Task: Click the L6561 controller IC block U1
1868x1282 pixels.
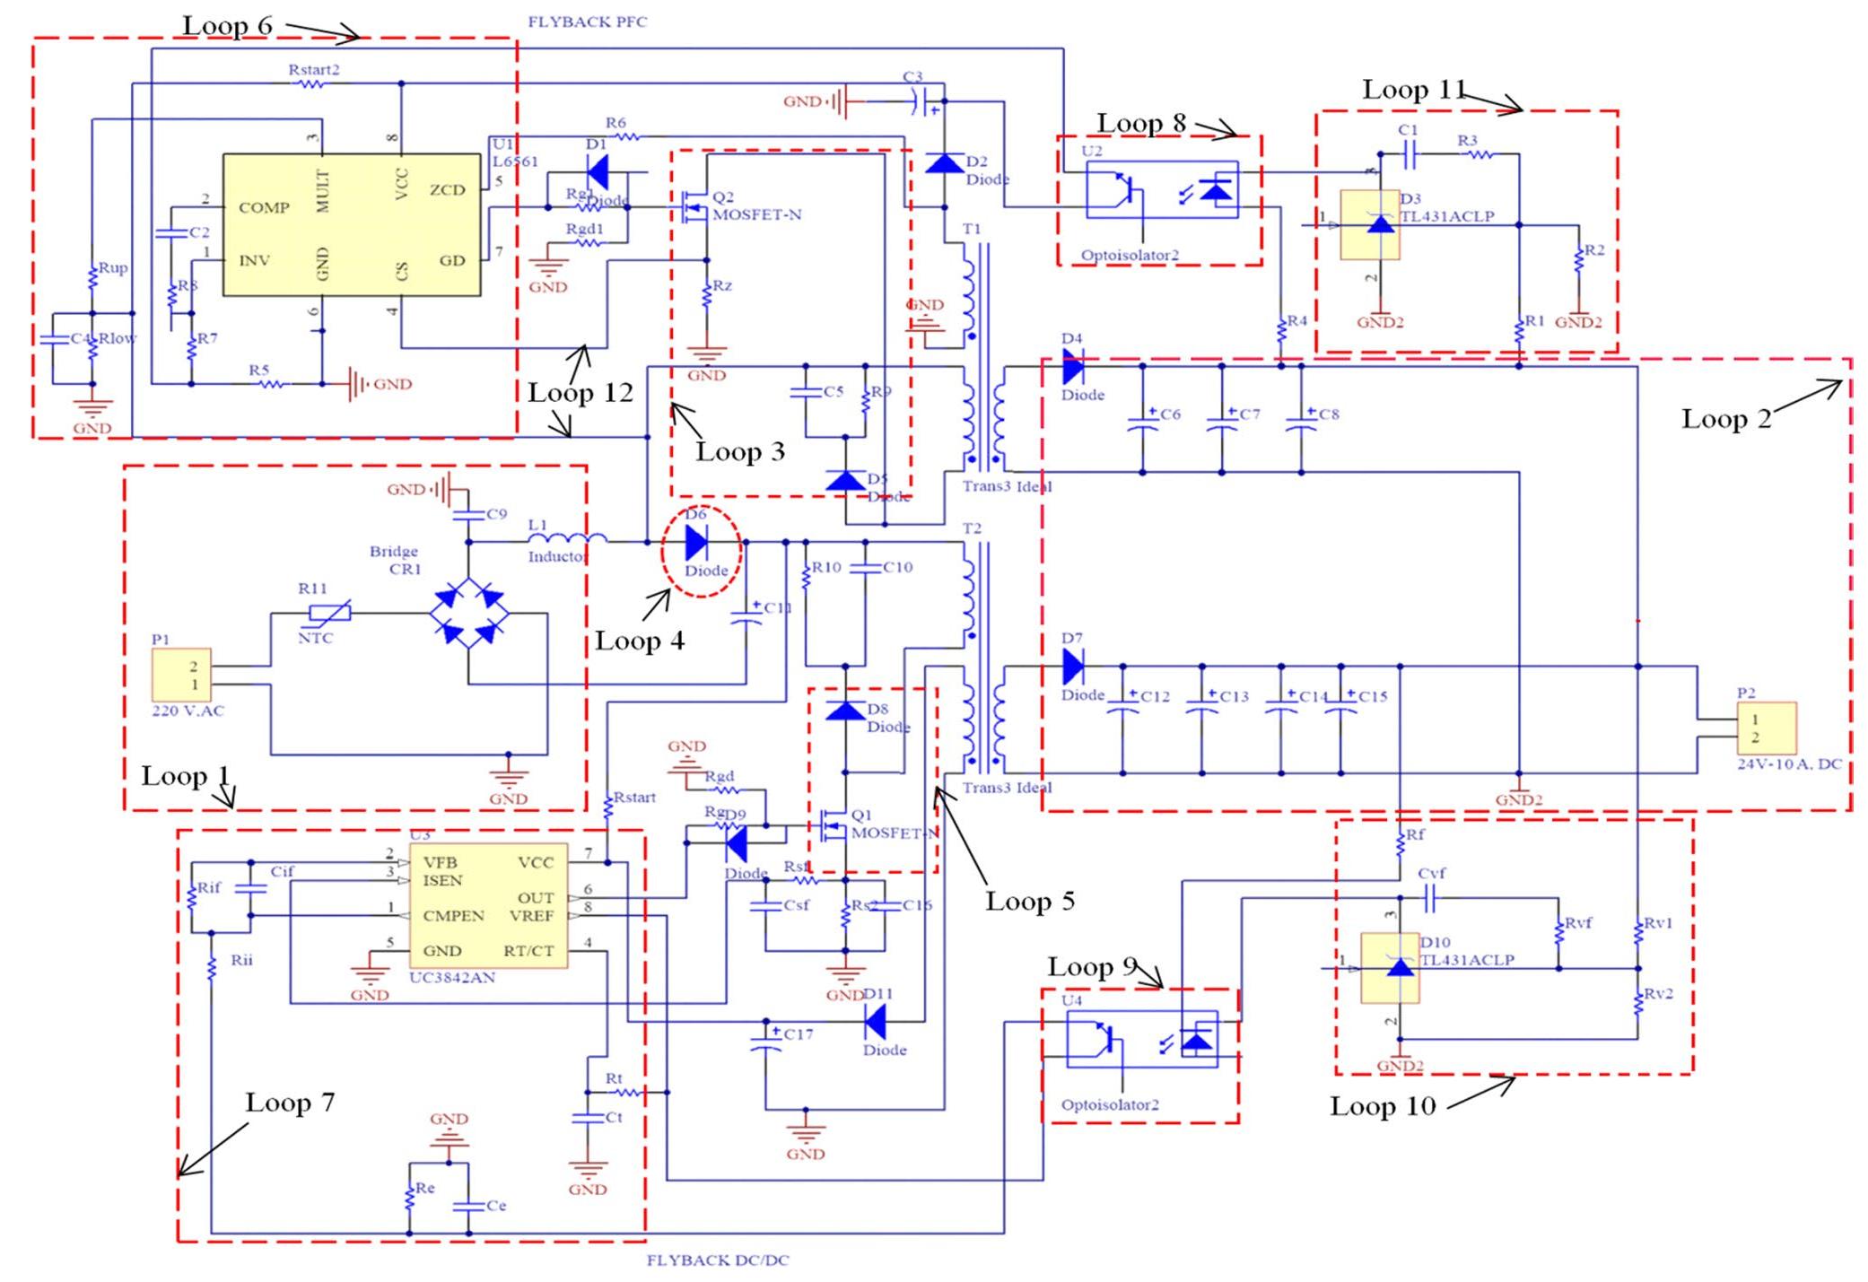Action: pos(351,224)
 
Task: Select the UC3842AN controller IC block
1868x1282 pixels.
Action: pos(488,905)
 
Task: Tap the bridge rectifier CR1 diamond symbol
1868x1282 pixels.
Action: pos(468,615)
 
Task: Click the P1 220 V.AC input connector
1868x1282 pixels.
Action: pos(181,675)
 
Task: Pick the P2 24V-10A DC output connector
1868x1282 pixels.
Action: pos(1767,728)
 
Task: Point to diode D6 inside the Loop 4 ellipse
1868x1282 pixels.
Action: pos(696,543)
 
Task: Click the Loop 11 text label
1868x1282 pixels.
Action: pos(1413,90)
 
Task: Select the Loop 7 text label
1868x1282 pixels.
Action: pos(290,1103)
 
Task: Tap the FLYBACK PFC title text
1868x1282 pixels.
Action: pos(587,22)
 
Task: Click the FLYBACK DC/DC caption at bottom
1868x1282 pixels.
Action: pos(718,1260)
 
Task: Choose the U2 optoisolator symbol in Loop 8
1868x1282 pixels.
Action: pos(1162,190)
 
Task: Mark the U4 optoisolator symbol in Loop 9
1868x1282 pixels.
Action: pos(1141,1040)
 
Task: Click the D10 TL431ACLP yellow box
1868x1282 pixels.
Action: pos(1390,968)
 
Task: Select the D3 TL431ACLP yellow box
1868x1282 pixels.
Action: pos(1369,224)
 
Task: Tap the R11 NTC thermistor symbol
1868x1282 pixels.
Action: pos(329,614)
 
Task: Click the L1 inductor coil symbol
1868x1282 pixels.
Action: pos(566,539)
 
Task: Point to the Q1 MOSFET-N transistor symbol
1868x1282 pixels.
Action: pos(834,824)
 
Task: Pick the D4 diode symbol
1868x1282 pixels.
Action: pos(1072,366)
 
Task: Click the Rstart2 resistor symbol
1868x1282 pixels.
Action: pos(312,83)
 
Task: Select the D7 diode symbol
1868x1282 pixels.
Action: pos(1072,666)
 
